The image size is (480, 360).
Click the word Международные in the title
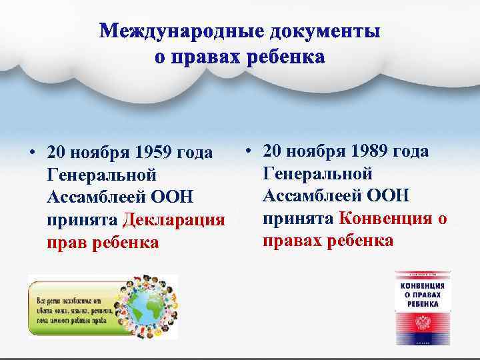coord(177,32)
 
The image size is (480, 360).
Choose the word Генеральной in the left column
coord(102,175)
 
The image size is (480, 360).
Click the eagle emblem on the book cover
coord(423,325)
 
